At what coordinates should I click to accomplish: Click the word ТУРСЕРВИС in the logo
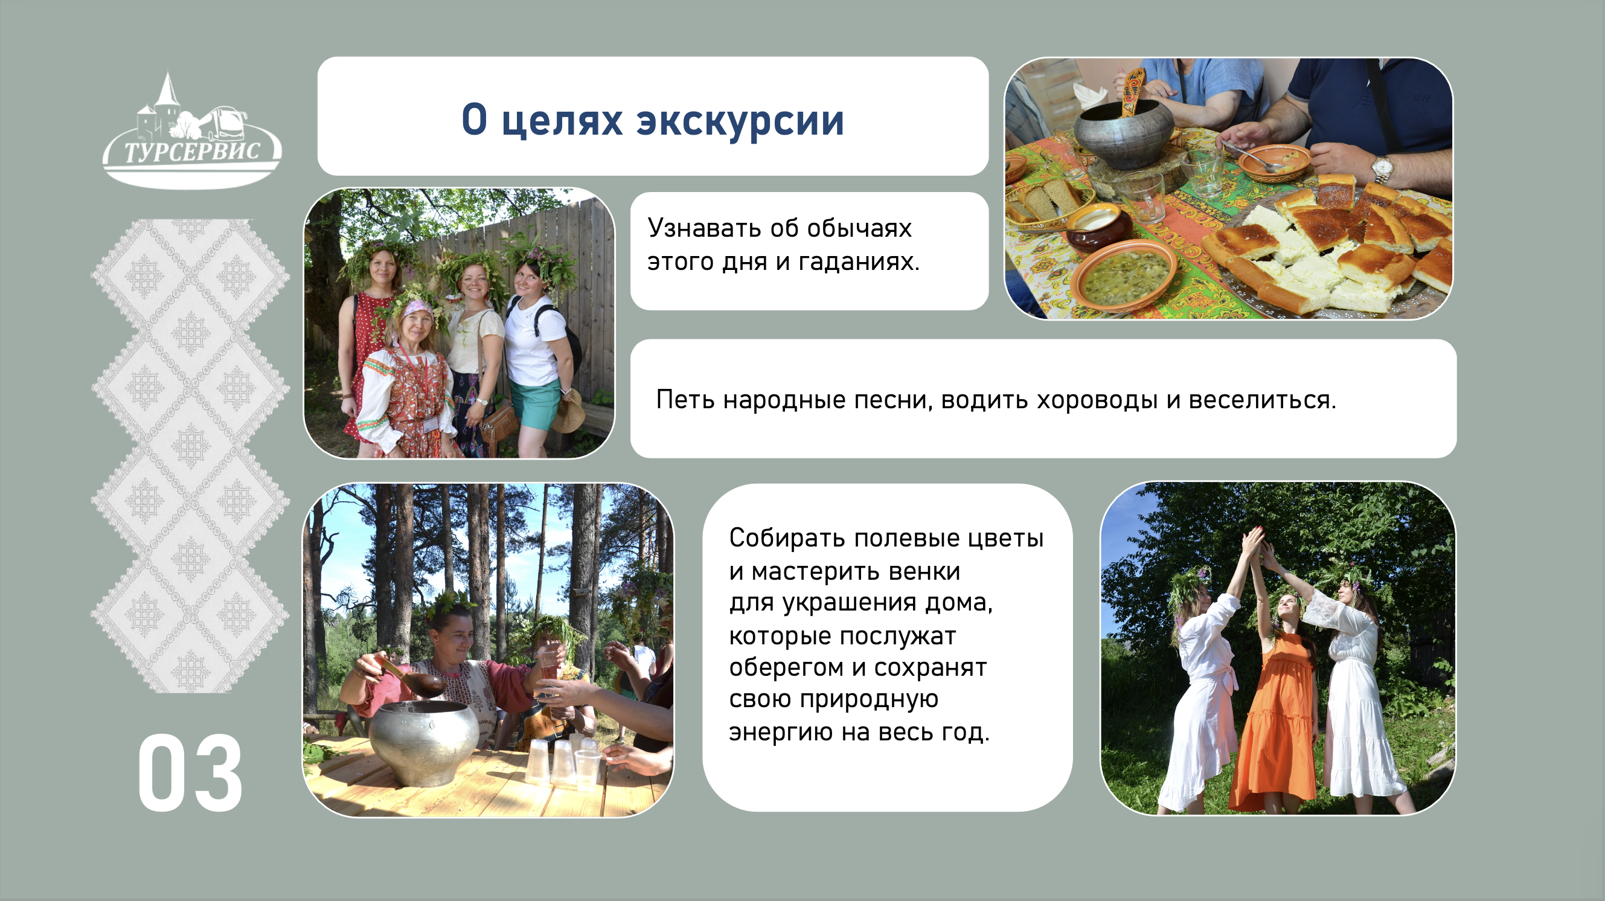[191, 151]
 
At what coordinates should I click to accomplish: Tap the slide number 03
[190, 772]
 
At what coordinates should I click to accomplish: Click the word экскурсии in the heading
[740, 120]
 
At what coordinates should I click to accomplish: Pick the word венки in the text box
[924, 571]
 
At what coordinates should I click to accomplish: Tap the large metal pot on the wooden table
[424, 742]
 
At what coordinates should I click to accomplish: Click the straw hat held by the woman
[569, 411]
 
